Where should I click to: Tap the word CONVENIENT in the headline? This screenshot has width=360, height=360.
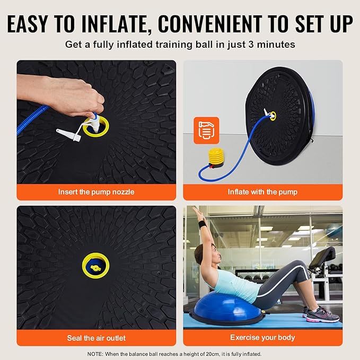click(210, 23)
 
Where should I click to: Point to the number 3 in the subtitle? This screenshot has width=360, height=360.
click(251, 45)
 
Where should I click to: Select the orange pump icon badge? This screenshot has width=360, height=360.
click(206, 130)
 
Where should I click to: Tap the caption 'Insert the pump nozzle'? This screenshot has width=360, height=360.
click(96, 192)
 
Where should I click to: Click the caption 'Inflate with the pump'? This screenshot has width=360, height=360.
click(262, 192)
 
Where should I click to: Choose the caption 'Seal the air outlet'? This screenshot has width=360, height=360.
click(96, 338)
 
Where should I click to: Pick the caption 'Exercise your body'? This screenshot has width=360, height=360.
click(262, 337)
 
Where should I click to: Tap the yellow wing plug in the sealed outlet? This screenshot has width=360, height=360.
click(96, 267)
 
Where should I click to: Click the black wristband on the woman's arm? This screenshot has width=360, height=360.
click(201, 224)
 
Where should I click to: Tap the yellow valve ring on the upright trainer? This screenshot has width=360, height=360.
click(273, 116)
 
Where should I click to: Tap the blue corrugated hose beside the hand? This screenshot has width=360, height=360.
click(32, 120)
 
